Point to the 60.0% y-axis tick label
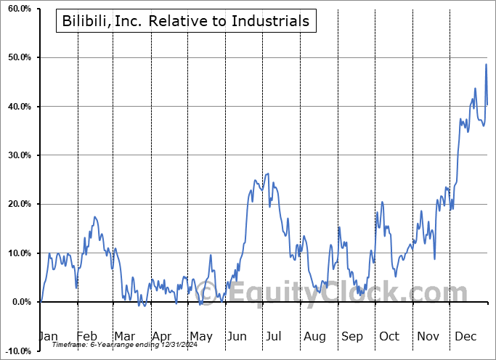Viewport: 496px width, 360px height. pos(17,9)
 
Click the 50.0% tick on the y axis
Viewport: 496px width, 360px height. pos(17,57)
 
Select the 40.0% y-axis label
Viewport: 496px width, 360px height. pos(17,107)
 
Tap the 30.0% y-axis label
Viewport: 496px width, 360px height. pos(17,155)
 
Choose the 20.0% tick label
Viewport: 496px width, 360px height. pos(17,204)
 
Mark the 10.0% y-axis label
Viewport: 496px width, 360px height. pos(17,253)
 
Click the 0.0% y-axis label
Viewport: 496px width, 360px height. pos(19,302)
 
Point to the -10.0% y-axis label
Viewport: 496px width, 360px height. pos(15,351)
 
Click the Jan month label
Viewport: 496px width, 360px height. pos(48,336)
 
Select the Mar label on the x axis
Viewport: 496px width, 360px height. pos(124,336)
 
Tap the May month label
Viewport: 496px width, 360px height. pos(200,336)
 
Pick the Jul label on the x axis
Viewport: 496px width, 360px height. pos(275,336)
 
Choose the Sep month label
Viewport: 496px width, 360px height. pos(351,336)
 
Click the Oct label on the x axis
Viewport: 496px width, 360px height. pos(389,336)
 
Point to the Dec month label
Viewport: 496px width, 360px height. pos(465,336)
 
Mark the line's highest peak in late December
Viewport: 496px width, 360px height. pos(486,65)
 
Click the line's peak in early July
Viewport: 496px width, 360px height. pos(268,173)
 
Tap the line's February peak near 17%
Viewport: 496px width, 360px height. pos(94,217)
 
